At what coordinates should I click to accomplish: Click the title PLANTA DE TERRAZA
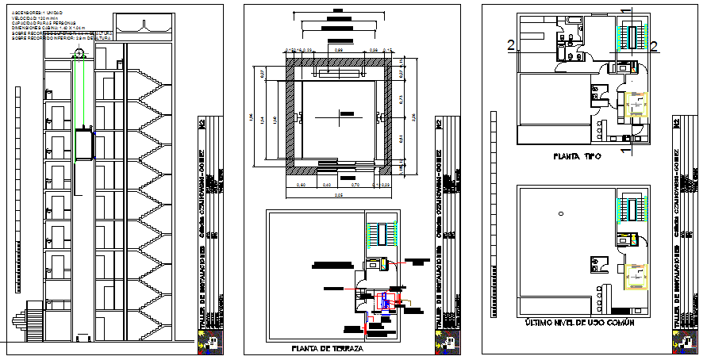[x=327, y=348]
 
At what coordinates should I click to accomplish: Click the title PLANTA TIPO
[x=577, y=157]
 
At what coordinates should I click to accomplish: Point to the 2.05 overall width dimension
[x=339, y=195]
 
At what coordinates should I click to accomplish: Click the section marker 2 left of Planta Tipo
[x=509, y=46]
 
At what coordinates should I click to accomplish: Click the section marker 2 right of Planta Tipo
[x=655, y=46]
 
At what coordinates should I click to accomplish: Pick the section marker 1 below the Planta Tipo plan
[x=625, y=148]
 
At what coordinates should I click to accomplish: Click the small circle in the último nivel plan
[x=560, y=213]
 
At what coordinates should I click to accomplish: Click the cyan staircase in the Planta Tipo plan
[x=635, y=37]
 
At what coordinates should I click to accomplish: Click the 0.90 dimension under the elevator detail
[x=302, y=185]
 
